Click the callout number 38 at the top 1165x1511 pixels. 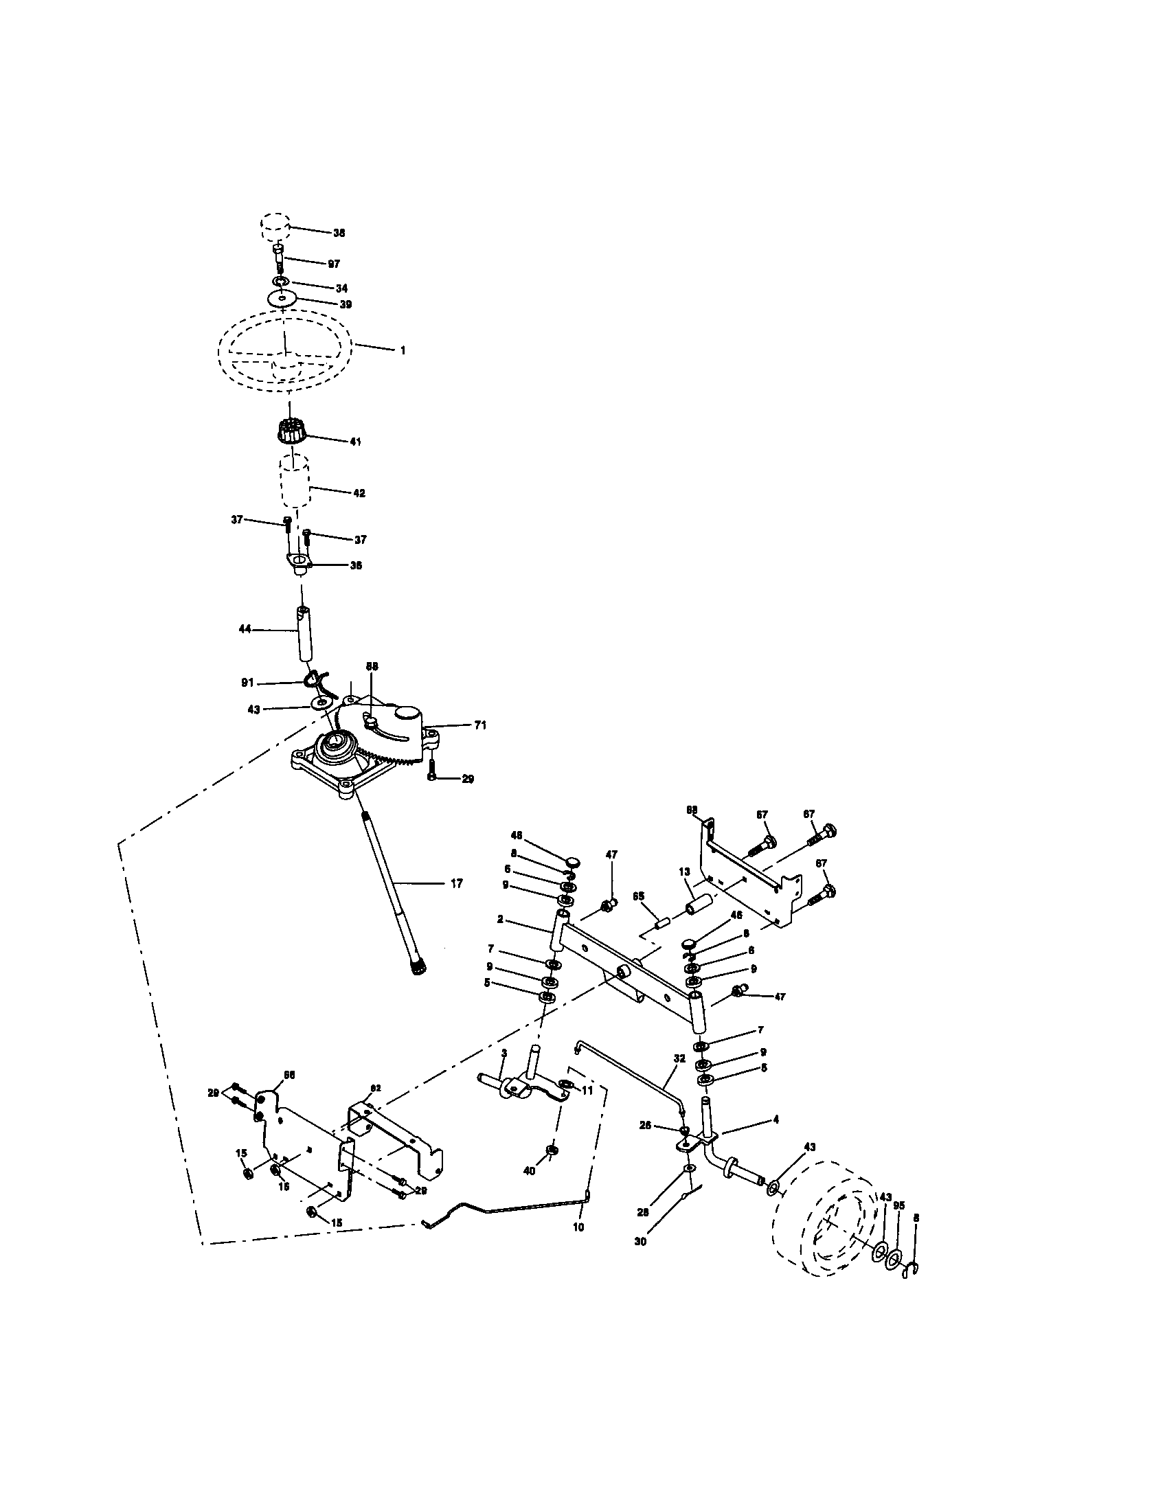[339, 233]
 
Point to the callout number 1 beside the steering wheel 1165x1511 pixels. [403, 351]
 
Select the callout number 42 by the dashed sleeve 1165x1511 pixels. [359, 493]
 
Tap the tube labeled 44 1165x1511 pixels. [303, 633]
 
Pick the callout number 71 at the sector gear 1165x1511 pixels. [480, 725]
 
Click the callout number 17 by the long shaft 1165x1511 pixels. [457, 883]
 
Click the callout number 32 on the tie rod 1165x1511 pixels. [679, 1058]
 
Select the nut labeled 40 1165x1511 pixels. [552, 1149]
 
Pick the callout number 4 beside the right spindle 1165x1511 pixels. [776, 1119]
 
